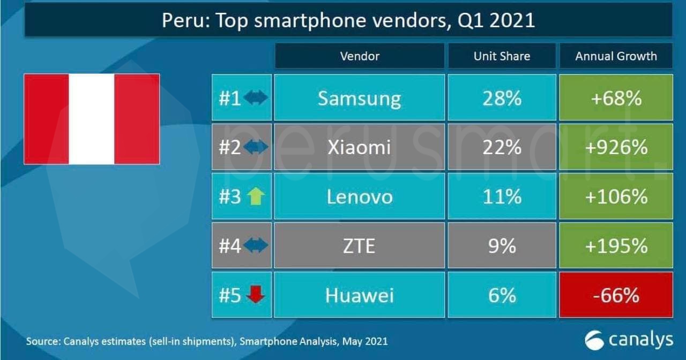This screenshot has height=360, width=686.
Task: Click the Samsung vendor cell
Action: pyautogui.click(x=359, y=97)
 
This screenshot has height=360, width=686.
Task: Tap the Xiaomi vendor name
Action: pyautogui.click(x=359, y=147)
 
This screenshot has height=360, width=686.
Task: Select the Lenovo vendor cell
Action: pyautogui.click(x=359, y=196)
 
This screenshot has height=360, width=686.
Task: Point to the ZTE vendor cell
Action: pyautogui.click(x=359, y=245)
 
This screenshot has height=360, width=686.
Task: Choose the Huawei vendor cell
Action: pyautogui.click(x=359, y=295)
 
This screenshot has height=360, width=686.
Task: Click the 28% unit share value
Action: pyautogui.click(x=502, y=97)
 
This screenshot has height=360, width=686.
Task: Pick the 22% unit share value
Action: pyautogui.click(x=502, y=147)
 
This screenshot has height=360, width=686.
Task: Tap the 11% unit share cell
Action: pyautogui.click(x=502, y=196)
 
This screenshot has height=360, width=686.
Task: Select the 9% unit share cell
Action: pyautogui.click(x=502, y=245)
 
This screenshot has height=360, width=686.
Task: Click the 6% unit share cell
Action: pyautogui.click(x=502, y=295)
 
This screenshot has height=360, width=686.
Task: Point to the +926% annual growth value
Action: pyautogui.click(x=616, y=147)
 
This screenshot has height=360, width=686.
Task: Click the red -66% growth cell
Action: pyautogui.click(x=616, y=295)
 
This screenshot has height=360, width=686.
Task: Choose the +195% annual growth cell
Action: pyautogui.click(x=616, y=245)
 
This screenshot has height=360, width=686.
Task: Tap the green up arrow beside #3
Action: pyautogui.click(x=256, y=197)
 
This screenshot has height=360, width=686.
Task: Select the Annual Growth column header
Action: pyautogui.click(x=616, y=56)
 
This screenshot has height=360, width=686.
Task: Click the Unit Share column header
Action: pyautogui.click(x=502, y=56)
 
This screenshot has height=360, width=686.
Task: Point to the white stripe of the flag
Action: pyautogui.click(x=92, y=119)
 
